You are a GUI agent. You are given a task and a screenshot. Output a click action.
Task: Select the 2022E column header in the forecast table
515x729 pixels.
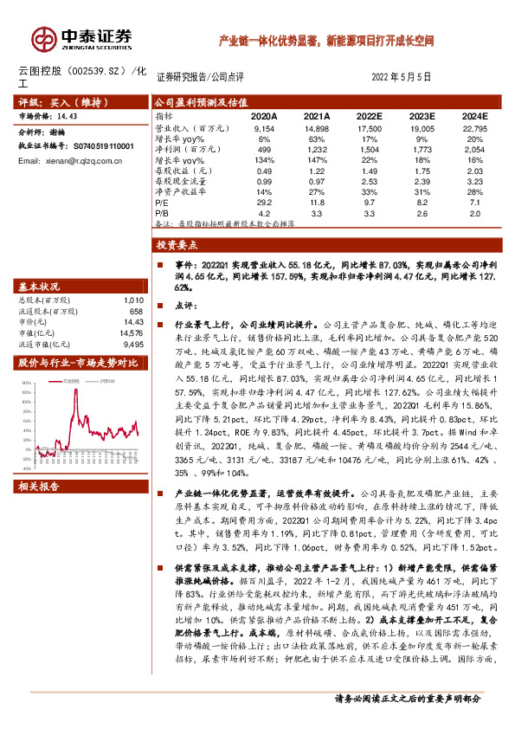point(368,115)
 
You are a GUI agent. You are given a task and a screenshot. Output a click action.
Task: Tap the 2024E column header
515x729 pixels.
point(474,115)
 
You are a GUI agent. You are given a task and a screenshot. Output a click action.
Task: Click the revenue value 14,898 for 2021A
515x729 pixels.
point(317,127)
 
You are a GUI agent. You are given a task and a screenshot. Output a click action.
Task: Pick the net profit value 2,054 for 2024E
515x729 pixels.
point(476,149)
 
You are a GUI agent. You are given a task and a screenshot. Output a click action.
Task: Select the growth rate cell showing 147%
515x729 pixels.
point(317,160)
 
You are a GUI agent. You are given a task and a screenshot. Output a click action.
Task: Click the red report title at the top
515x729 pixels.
point(326,41)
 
